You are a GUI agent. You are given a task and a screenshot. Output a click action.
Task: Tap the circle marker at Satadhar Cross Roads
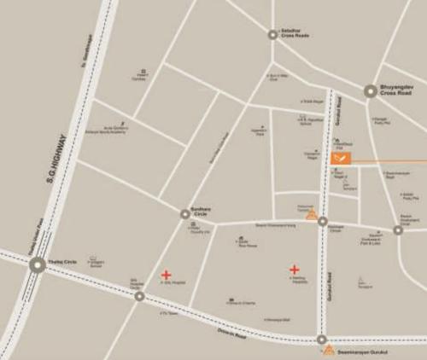[x=272, y=35]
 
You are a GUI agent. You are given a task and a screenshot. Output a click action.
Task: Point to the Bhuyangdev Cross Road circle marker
[x=370, y=90]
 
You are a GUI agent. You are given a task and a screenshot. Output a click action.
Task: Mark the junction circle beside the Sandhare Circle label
[x=184, y=214]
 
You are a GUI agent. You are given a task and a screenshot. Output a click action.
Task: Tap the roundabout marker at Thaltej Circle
[x=37, y=265]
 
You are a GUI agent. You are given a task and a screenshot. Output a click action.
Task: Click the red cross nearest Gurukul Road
[x=294, y=270]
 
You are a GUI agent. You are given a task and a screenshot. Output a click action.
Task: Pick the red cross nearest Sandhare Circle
[x=166, y=275]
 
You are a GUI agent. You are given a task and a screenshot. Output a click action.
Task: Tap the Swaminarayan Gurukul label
[x=364, y=351]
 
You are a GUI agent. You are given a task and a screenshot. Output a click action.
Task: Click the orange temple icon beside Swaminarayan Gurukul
[x=329, y=351]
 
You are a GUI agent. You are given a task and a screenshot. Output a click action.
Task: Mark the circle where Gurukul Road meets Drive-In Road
[x=322, y=339]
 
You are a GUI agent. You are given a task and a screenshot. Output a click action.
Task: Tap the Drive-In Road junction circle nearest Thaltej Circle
[x=139, y=296]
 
